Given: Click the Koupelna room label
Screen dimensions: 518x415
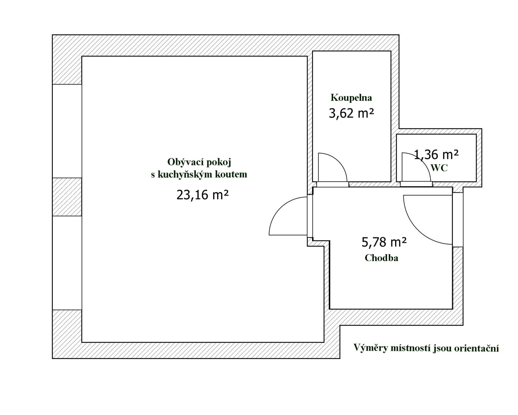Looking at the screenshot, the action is (x=351, y=98).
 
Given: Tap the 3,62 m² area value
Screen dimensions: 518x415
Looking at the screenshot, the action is (x=352, y=113).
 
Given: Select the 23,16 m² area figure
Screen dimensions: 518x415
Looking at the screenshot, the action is (x=202, y=195).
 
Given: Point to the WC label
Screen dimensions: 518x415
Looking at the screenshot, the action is (x=439, y=168).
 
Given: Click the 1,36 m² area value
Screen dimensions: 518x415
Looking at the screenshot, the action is (x=436, y=154).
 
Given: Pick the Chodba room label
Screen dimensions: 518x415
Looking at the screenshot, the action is (x=381, y=258).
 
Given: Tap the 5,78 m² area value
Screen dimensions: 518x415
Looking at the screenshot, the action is (x=384, y=242).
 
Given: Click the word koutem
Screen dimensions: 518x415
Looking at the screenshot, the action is (x=231, y=174).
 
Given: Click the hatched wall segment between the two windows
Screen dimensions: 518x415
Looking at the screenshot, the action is (x=67, y=197).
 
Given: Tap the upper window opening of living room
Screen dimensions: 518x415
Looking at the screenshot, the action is (x=67, y=131).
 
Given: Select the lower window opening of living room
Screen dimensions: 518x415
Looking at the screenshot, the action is (x=67, y=263).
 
